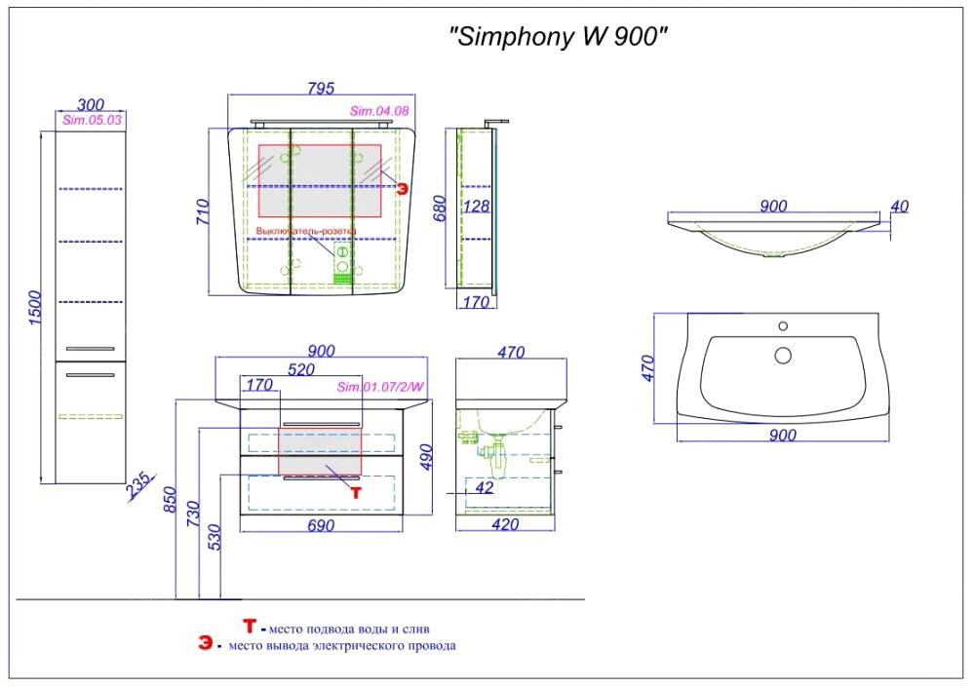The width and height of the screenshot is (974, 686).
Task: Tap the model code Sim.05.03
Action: [x=92, y=121]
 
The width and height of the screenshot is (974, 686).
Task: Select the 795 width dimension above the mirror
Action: [x=321, y=89]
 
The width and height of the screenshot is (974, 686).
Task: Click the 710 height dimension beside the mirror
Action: [x=204, y=214]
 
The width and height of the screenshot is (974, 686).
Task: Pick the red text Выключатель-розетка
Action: [x=305, y=231]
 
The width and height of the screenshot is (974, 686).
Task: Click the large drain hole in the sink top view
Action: [x=783, y=355]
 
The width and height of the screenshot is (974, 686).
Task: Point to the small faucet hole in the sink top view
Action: [x=782, y=326]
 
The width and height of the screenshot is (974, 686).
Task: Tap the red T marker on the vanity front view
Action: [x=356, y=493]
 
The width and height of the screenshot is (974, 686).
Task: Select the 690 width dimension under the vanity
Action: [x=321, y=526]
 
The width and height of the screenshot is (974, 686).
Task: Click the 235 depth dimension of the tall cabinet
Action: [x=140, y=484]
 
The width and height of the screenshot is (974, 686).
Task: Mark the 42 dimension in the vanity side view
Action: [x=485, y=487]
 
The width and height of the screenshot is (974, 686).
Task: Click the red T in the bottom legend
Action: [x=250, y=627]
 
